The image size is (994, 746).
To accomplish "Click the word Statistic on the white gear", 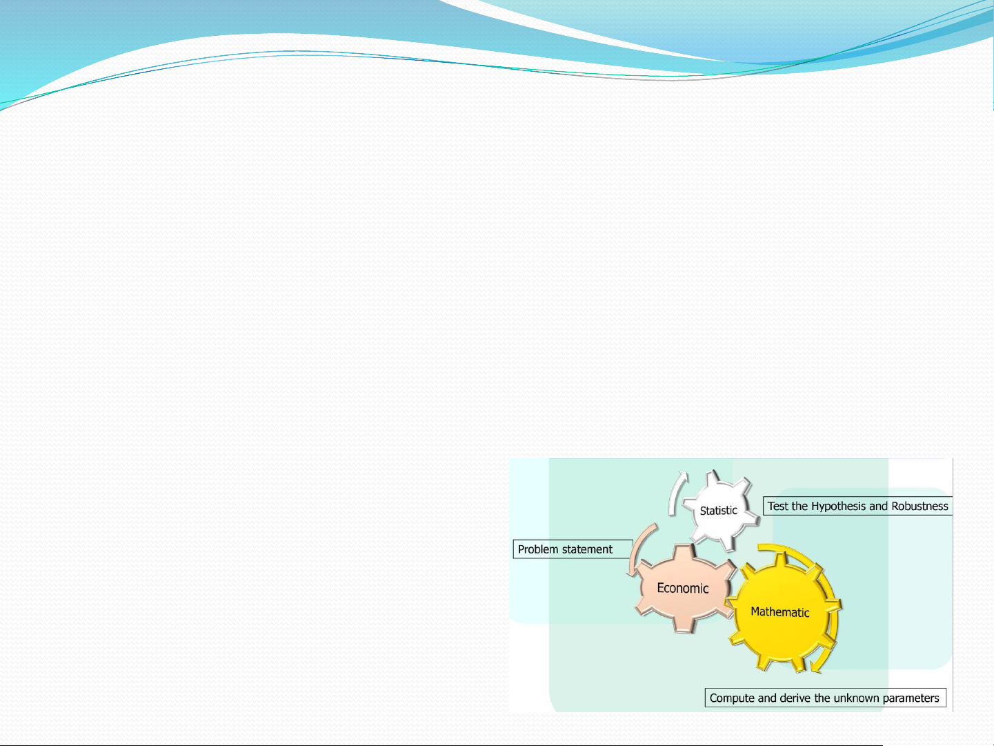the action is [x=718, y=511].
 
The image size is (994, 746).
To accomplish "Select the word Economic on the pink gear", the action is [x=682, y=588].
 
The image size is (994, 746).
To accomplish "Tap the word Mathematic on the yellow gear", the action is [x=779, y=612].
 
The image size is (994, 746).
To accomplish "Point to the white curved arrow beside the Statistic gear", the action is [x=675, y=493].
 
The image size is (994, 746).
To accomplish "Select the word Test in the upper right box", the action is [x=777, y=506].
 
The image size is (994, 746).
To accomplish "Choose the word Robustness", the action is [x=920, y=506].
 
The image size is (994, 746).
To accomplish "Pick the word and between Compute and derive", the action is [x=766, y=698].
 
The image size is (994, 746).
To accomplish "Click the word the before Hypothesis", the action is [x=799, y=506].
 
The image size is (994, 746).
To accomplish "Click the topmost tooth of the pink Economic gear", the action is [x=683, y=551].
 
